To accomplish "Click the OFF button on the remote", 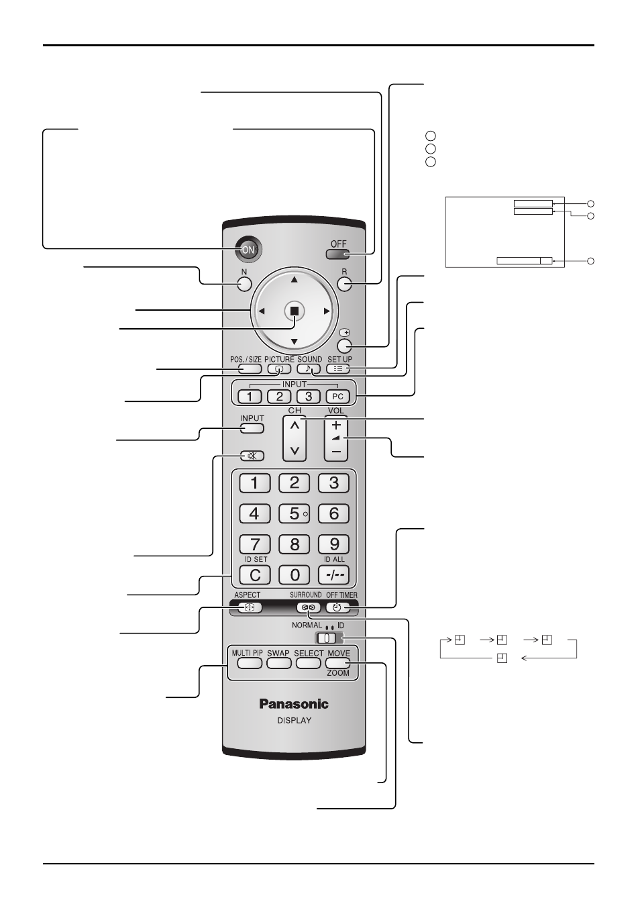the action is tap(338, 254).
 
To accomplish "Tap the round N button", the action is tap(244, 284).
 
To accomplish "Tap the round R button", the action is tap(344, 284).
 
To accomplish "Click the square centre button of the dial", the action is tap(295, 311).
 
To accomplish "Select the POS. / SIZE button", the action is tap(250, 368).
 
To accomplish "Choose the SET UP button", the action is tap(338, 368).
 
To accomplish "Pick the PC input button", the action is tap(337, 397).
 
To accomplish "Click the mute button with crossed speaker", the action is tap(252, 456).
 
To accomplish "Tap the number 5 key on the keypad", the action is tap(295, 513).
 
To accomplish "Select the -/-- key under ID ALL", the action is tap(333, 574).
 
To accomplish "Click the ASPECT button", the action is tap(250, 607).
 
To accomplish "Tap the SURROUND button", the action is tap(309, 607).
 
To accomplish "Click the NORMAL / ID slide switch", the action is tap(327, 638).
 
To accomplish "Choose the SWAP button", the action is tap(279, 663).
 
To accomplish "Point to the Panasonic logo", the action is tap(294, 704).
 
